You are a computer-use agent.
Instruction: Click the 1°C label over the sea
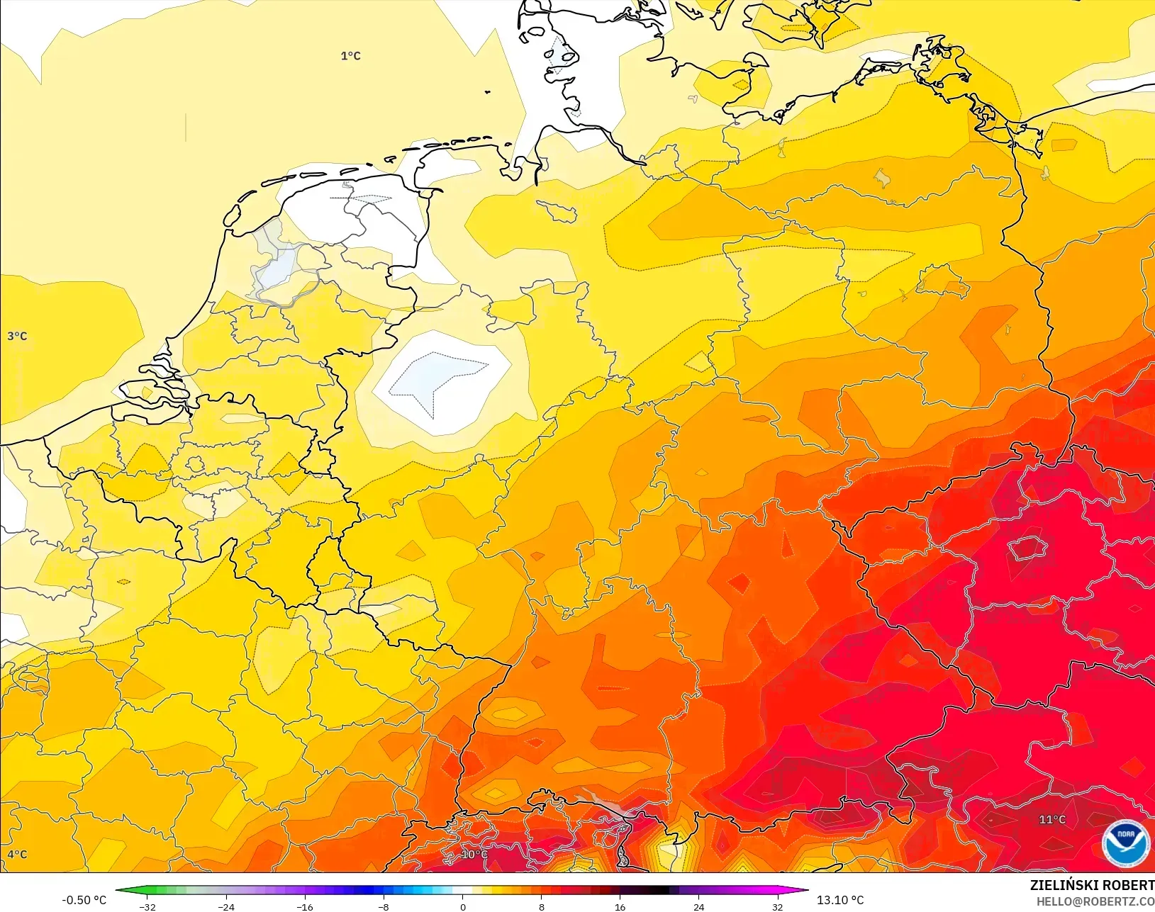[x=350, y=56]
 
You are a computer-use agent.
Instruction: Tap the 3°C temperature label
[x=17, y=336]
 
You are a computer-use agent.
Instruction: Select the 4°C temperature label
[x=17, y=855]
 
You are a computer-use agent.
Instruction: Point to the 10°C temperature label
[x=474, y=855]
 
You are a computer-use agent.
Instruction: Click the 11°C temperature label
[x=1052, y=820]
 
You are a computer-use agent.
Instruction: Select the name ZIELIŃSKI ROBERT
[x=1092, y=886]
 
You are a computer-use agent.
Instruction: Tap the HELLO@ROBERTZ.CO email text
[x=1095, y=901]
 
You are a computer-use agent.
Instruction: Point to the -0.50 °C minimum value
[x=84, y=900]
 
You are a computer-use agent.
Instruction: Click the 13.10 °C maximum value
[x=840, y=900]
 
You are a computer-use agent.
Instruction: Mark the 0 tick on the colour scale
[x=463, y=907]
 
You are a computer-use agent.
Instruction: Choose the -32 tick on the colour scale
[x=147, y=907]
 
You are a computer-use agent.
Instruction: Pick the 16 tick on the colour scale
[x=620, y=907]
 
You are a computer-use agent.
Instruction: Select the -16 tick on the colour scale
[x=305, y=907]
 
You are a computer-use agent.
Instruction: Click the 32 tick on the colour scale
[x=778, y=907]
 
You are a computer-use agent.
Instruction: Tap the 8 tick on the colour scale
[x=542, y=907]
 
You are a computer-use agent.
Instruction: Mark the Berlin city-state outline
[x=942, y=281]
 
